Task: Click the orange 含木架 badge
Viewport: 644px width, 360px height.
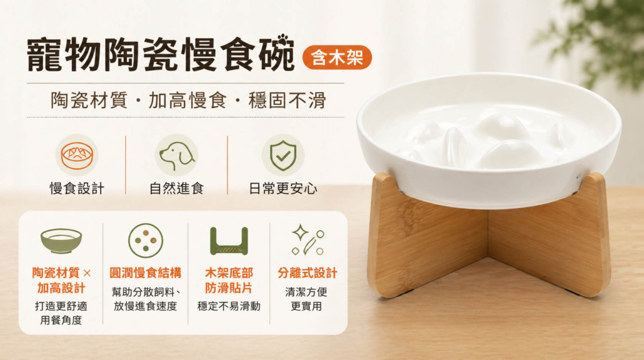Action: [337, 57]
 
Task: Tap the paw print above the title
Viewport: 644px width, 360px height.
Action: [283, 41]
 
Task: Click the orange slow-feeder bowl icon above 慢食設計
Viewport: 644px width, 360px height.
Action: [77, 156]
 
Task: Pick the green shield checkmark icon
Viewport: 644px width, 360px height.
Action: [283, 156]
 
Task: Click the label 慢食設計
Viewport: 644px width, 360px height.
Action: [77, 188]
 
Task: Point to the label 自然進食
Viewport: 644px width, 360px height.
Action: [176, 188]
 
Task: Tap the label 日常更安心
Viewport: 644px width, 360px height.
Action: [283, 188]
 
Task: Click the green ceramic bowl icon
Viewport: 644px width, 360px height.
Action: [61, 241]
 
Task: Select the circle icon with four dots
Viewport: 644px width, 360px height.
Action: [146, 241]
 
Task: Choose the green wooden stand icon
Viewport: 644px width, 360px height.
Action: [229, 241]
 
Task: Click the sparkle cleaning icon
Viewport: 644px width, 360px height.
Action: [308, 240]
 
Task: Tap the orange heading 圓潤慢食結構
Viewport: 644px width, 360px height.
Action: [146, 273]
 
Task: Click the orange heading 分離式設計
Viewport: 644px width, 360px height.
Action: [307, 273]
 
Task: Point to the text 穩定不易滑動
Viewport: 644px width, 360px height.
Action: [229, 306]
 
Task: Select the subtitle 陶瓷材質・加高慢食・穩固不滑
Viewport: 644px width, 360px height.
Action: [188, 100]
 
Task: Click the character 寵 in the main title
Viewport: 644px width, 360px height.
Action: [44, 55]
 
